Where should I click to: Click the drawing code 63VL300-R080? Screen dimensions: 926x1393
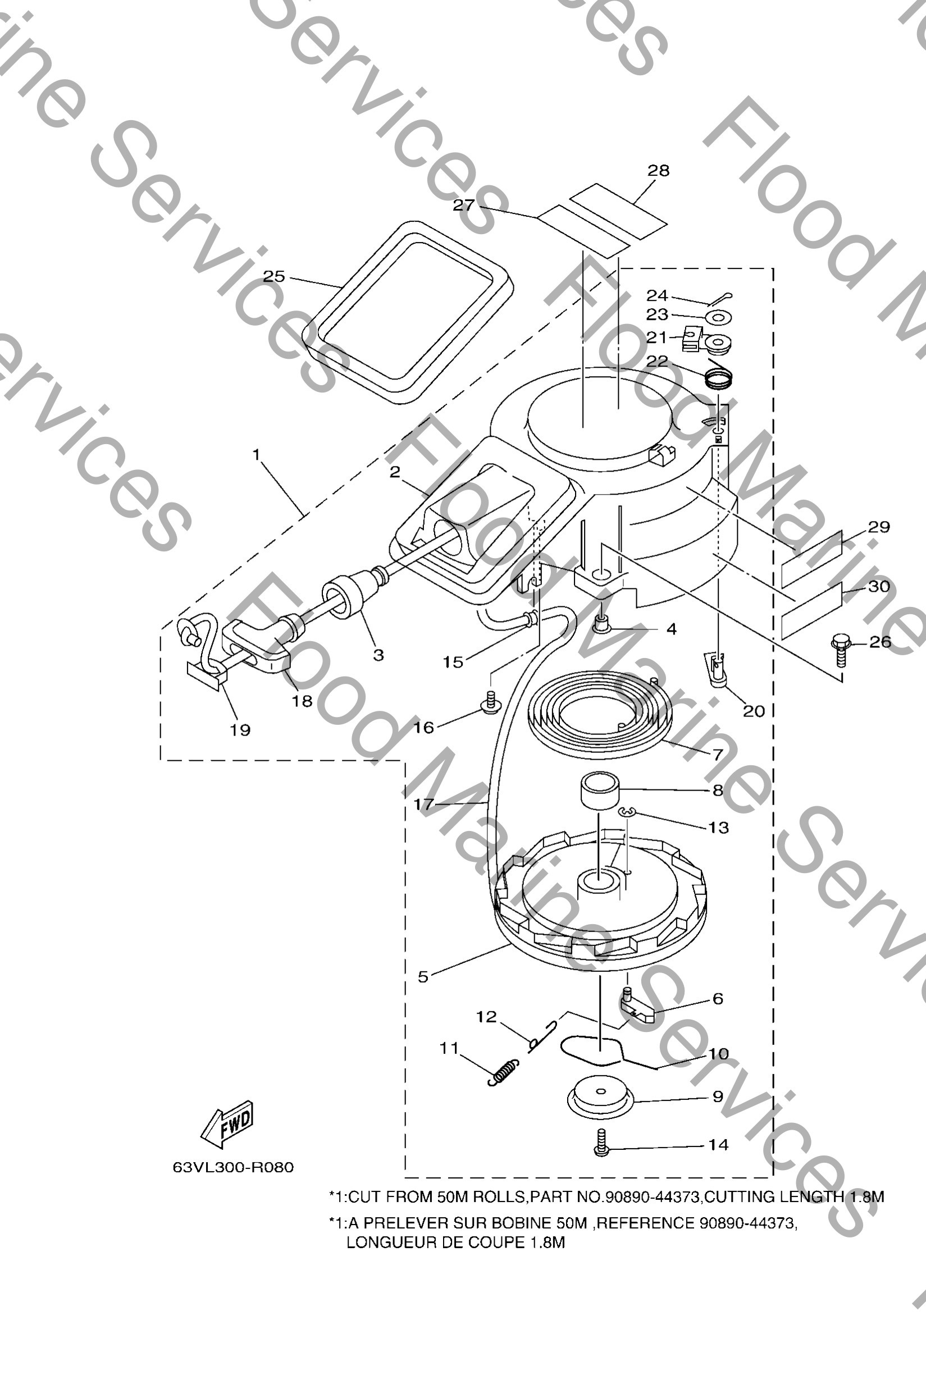tap(232, 1167)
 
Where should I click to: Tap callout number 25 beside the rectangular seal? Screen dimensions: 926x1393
tap(273, 276)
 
